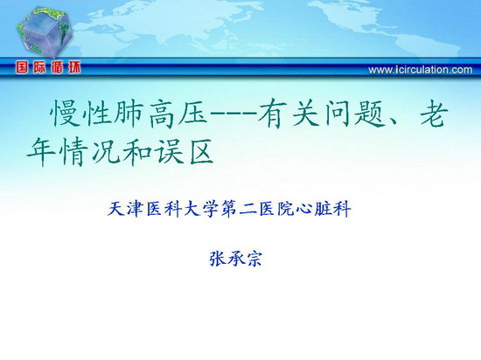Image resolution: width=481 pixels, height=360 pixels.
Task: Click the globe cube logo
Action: tap(45, 32)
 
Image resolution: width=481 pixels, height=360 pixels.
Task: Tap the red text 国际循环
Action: tap(48, 67)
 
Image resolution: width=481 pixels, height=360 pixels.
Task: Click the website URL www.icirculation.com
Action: tap(421, 70)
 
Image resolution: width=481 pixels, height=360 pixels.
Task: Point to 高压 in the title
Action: tap(178, 114)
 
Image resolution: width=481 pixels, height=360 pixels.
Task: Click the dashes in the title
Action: tap(234, 114)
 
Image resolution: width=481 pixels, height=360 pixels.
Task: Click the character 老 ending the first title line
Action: tap(433, 113)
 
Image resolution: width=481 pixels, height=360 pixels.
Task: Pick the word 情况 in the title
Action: tap(89, 152)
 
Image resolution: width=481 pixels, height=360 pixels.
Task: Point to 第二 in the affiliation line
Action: tap(239, 209)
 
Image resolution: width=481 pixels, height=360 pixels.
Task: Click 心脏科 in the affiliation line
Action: tap(323, 209)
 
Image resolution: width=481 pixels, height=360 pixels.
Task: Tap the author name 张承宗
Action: tap(235, 259)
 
